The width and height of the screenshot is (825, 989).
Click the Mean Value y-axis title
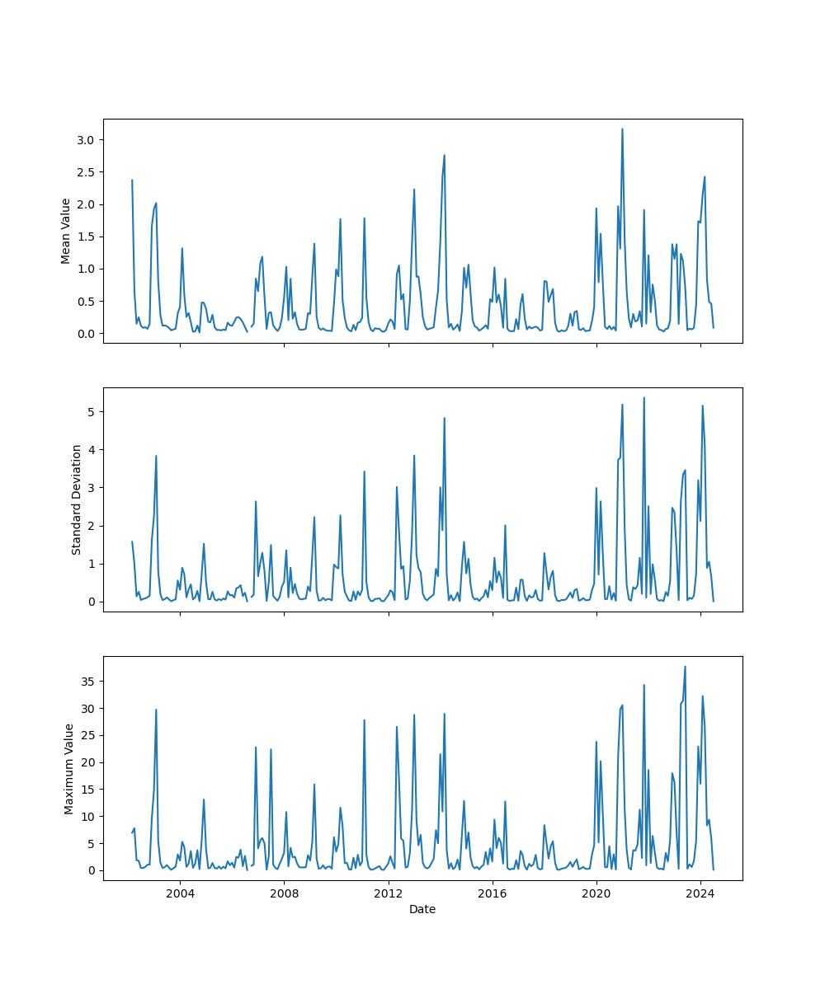65,231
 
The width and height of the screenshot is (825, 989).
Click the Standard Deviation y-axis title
77,499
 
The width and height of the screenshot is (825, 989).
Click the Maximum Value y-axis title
69,768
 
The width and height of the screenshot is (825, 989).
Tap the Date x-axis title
422,910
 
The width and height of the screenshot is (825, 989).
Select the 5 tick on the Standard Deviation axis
94,411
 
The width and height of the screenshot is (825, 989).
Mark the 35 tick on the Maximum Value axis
89,682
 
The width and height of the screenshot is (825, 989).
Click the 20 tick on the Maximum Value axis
89,762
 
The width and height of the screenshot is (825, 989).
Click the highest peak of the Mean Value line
622,129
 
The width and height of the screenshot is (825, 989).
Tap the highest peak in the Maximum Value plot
685,667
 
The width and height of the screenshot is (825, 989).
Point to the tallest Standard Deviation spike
643,397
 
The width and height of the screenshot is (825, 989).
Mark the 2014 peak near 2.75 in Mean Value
444,155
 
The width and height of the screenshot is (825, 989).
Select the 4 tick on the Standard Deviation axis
94,449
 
